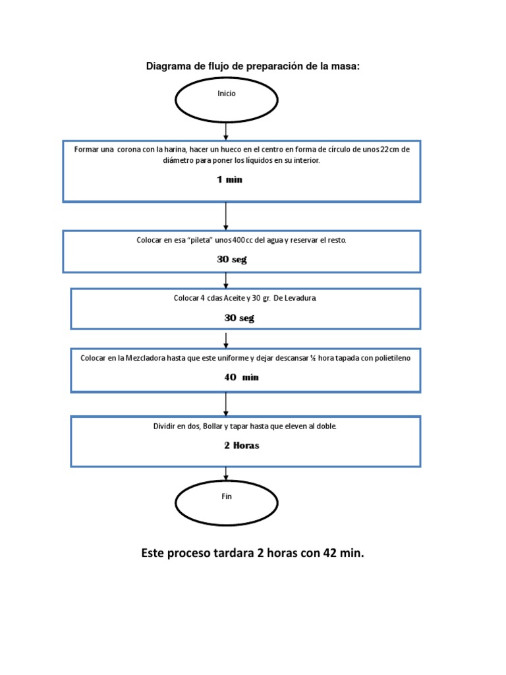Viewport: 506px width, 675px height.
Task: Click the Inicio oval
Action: coord(226,100)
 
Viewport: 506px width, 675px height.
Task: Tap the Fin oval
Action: coord(226,502)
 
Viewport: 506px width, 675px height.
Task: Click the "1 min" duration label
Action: coord(229,180)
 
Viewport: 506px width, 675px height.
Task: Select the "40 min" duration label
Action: coord(241,377)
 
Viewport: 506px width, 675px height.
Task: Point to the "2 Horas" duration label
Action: coord(241,446)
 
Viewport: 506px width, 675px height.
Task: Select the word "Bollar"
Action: coord(213,426)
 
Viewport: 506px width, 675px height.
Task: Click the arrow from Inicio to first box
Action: coord(226,131)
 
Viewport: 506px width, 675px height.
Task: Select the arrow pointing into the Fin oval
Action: coord(226,473)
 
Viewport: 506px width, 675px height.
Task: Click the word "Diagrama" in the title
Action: coord(167,67)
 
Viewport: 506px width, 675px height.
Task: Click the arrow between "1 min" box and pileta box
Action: coord(226,216)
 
